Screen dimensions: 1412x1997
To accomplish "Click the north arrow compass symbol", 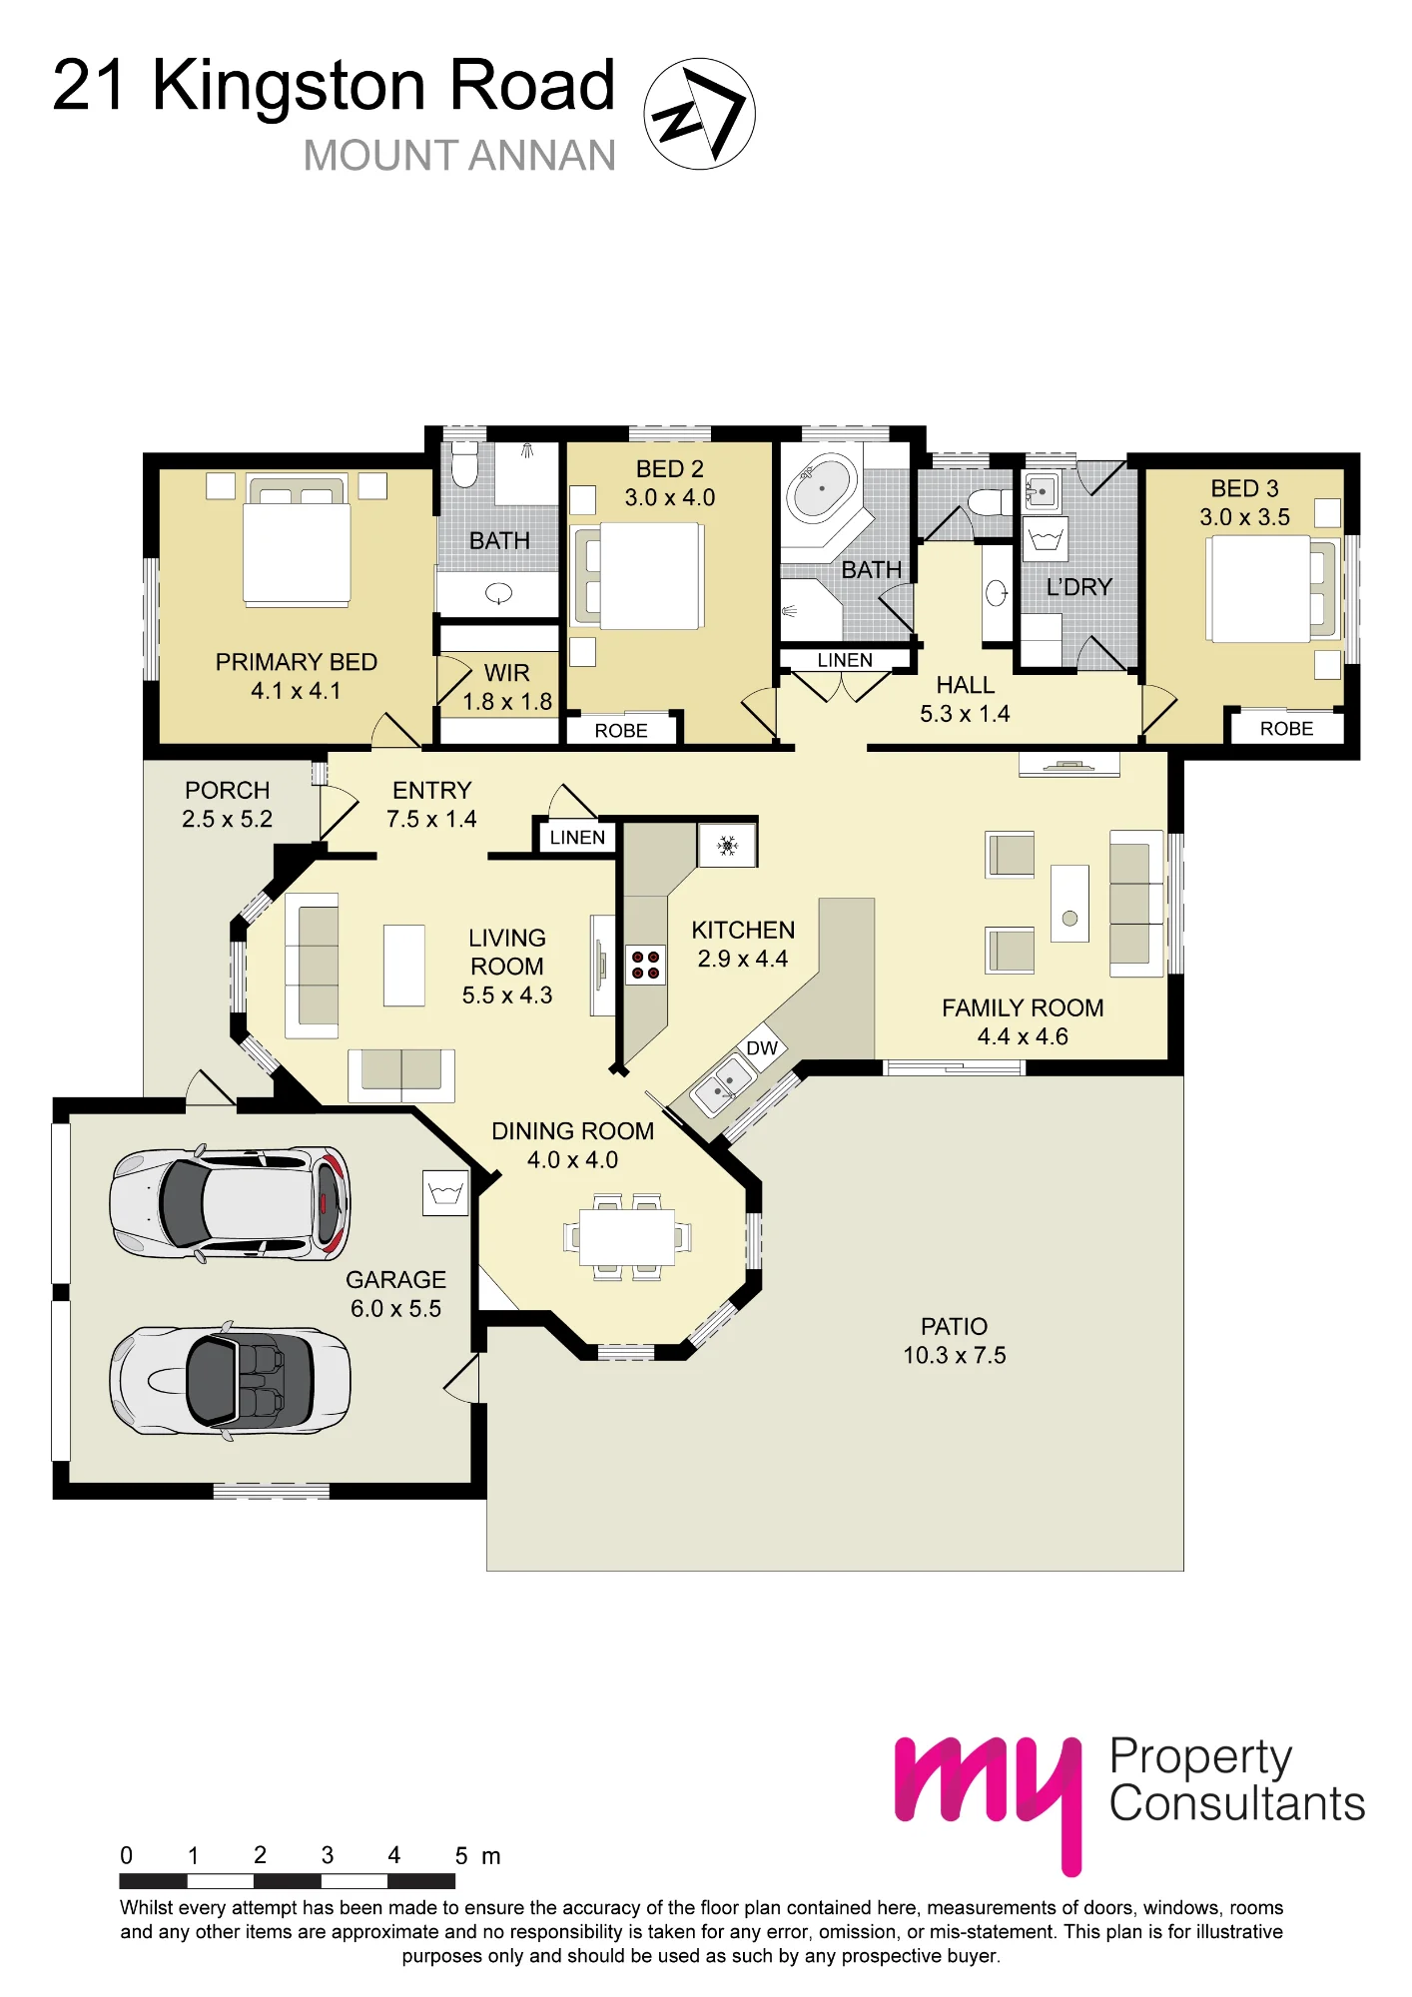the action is tap(699, 113).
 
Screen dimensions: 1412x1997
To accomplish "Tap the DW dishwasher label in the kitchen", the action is tap(762, 1047).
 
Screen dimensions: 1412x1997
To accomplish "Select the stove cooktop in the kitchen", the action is tap(645, 965).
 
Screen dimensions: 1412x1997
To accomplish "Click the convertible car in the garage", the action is tap(230, 1381).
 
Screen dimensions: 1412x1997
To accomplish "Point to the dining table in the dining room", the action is tap(627, 1237).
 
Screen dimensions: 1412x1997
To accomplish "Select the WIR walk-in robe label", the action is tap(507, 673).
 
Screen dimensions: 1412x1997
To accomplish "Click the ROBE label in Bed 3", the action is tap(1286, 729).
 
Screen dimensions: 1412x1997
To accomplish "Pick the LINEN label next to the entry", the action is tap(577, 838).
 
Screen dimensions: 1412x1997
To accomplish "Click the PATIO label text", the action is tap(954, 1326).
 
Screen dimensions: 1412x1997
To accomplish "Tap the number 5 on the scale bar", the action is tap(461, 1856).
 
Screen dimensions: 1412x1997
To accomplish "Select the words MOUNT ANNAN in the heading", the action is tap(459, 156).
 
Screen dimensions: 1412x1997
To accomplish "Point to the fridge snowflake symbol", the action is tap(728, 846).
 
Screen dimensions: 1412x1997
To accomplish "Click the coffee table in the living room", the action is tap(404, 966).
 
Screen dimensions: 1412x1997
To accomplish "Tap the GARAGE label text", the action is tap(395, 1279).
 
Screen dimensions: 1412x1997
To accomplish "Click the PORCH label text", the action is tap(228, 790).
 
